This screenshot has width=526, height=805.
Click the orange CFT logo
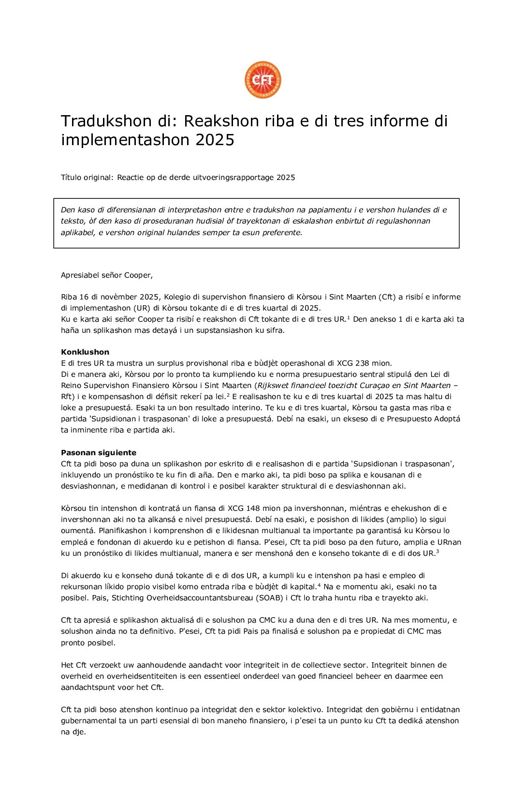[x=263, y=80]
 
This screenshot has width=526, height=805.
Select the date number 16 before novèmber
[x=84, y=297]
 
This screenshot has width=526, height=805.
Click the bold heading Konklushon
[x=85, y=352]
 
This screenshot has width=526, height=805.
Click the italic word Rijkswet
[x=272, y=386]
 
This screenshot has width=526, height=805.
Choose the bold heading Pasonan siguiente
[x=99, y=453]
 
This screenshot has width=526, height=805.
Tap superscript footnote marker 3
[x=438, y=552]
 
